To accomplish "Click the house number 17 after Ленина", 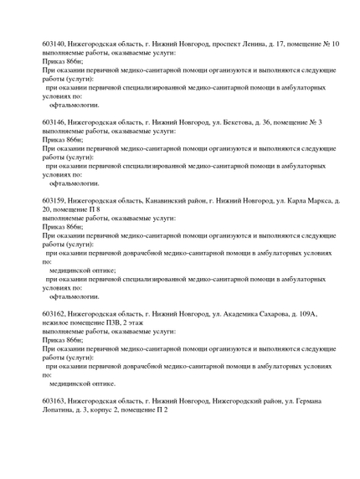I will (276, 42).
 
